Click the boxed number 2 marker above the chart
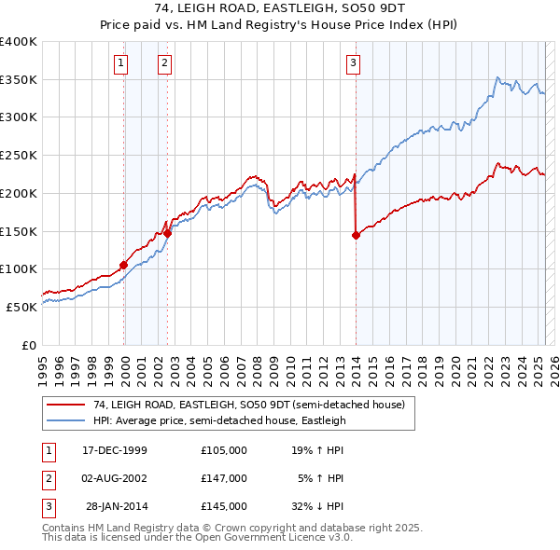[164, 63]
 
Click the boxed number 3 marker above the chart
[354, 63]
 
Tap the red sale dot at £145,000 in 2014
[356, 235]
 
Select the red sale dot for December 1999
[123, 265]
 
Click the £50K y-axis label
[21, 306]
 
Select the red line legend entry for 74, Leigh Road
[248, 406]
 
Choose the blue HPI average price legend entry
[218, 420]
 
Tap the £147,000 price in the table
[224, 478]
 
